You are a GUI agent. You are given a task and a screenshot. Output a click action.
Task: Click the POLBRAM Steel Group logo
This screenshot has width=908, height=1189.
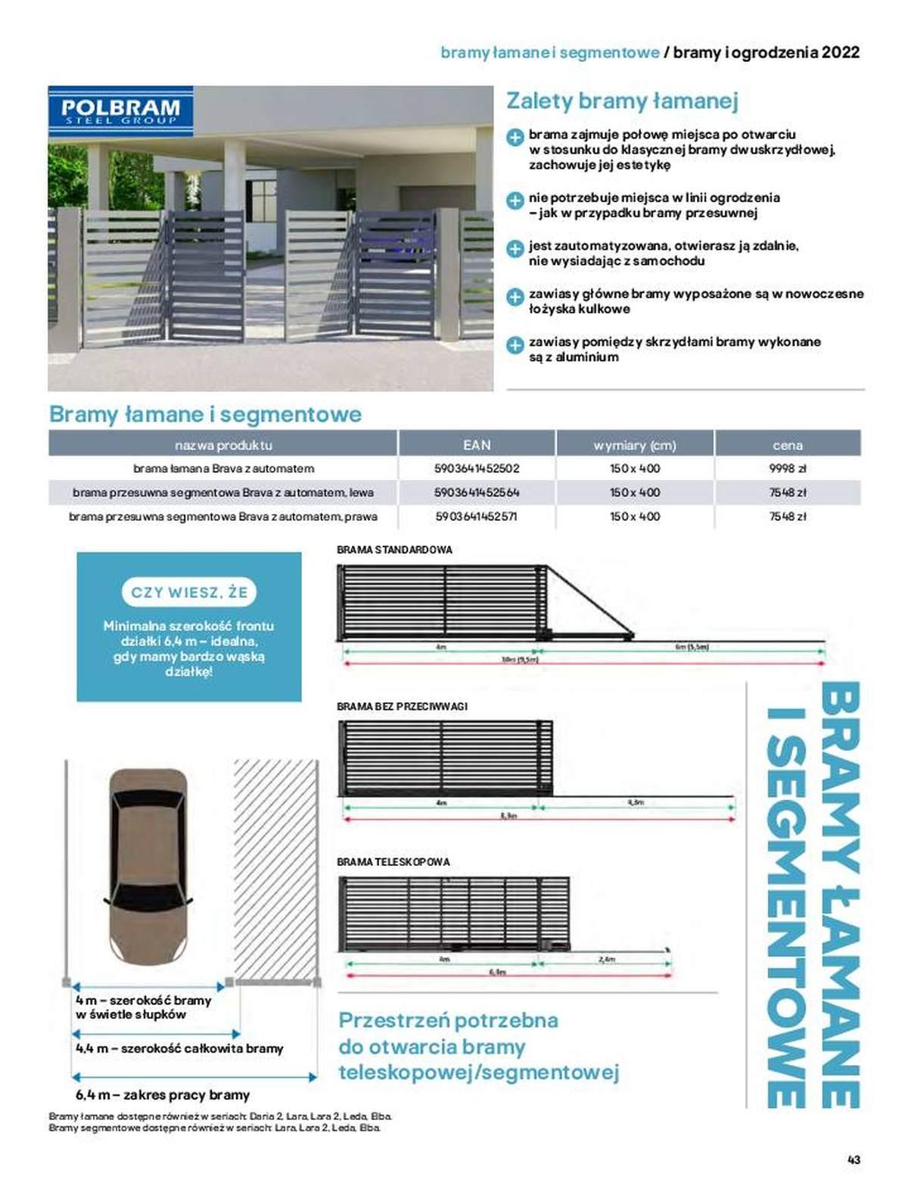[x=120, y=111]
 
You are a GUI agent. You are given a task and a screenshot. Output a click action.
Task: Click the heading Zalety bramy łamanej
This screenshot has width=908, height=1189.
[x=622, y=101]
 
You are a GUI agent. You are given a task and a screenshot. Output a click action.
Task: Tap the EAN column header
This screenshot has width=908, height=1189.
[x=477, y=445]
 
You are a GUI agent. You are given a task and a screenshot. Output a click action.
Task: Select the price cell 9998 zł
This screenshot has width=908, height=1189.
[x=787, y=468]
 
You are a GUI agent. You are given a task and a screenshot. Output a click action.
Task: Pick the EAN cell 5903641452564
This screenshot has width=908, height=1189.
[x=477, y=493]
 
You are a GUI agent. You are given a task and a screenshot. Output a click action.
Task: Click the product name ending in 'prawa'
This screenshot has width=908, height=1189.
[x=223, y=517]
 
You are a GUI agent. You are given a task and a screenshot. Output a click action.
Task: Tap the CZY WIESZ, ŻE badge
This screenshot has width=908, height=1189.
[x=189, y=592]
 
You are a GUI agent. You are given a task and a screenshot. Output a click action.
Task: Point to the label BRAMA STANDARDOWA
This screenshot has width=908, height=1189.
[x=394, y=549]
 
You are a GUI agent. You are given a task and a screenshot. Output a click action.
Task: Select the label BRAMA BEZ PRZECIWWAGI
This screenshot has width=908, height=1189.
[x=402, y=706]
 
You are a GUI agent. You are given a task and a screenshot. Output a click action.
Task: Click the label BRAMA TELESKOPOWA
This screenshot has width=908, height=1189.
[x=393, y=862]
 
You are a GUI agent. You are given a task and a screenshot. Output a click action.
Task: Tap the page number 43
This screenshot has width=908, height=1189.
[x=854, y=1159]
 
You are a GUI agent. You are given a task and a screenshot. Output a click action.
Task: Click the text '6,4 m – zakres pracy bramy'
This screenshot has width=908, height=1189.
[x=163, y=1094]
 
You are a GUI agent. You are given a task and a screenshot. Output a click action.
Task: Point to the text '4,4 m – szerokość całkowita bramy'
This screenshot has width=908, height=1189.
[x=179, y=1048]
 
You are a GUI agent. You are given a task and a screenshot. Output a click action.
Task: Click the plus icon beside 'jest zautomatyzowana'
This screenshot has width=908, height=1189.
[x=515, y=249]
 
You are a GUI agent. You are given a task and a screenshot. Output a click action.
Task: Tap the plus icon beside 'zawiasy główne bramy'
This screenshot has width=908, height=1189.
[x=515, y=297]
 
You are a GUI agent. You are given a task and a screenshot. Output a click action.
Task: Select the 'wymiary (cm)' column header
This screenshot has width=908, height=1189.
[x=635, y=445]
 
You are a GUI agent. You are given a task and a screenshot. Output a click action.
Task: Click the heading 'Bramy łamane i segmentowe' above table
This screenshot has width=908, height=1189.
[x=205, y=414]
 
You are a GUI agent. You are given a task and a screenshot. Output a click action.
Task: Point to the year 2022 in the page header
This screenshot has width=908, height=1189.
[x=841, y=52]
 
